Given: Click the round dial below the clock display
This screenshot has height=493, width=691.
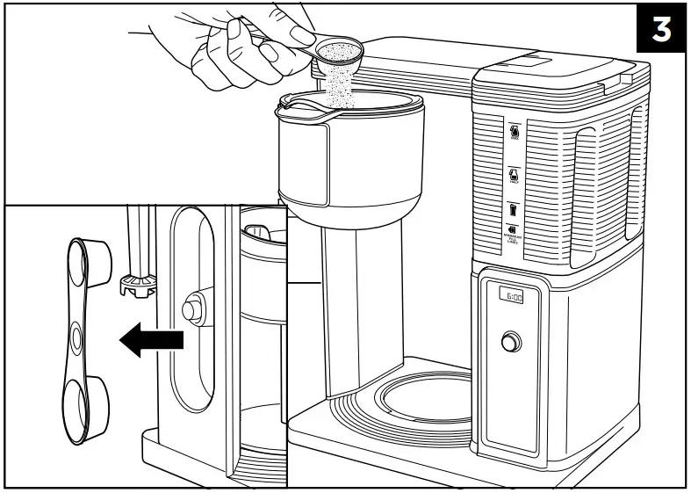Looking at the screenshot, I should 509,342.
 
